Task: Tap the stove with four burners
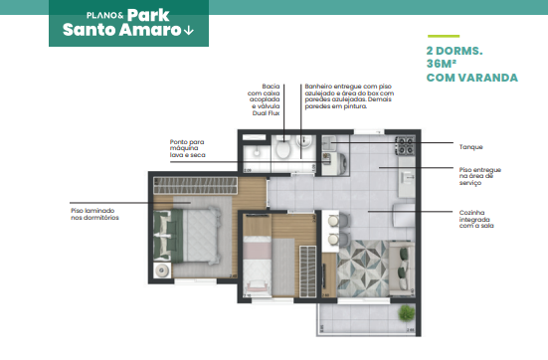coord(405,145)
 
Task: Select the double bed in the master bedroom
coord(197,233)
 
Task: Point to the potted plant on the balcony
coord(406,313)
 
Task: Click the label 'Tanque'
coord(471,146)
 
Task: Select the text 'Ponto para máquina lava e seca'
coord(191,148)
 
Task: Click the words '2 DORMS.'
coord(455,49)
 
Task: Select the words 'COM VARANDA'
coord(470,77)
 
